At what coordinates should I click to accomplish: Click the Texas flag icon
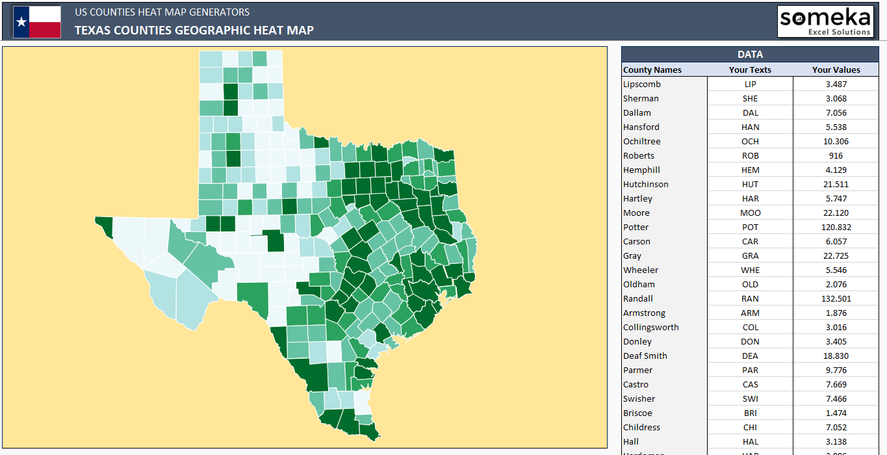click(37, 22)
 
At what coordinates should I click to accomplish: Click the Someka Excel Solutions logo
click(825, 21)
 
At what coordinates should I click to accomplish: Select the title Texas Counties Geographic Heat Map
click(194, 30)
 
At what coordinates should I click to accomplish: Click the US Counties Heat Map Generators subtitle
click(162, 12)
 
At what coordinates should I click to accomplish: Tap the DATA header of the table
click(750, 55)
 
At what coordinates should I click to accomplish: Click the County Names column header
click(652, 70)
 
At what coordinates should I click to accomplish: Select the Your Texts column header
click(750, 70)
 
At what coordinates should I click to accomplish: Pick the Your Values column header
click(836, 70)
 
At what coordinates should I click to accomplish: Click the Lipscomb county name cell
click(642, 84)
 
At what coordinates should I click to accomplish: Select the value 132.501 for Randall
click(836, 298)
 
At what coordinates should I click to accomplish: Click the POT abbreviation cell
click(750, 227)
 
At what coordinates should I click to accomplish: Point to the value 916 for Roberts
click(836, 155)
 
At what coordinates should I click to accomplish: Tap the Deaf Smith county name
click(645, 356)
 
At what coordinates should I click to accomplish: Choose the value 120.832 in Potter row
click(836, 227)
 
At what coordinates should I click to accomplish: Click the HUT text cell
click(750, 184)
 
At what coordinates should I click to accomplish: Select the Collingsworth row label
click(650, 327)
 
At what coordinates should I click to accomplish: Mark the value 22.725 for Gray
click(836, 255)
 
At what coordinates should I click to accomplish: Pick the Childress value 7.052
click(836, 427)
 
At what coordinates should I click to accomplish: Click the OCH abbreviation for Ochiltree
click(750, 141)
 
